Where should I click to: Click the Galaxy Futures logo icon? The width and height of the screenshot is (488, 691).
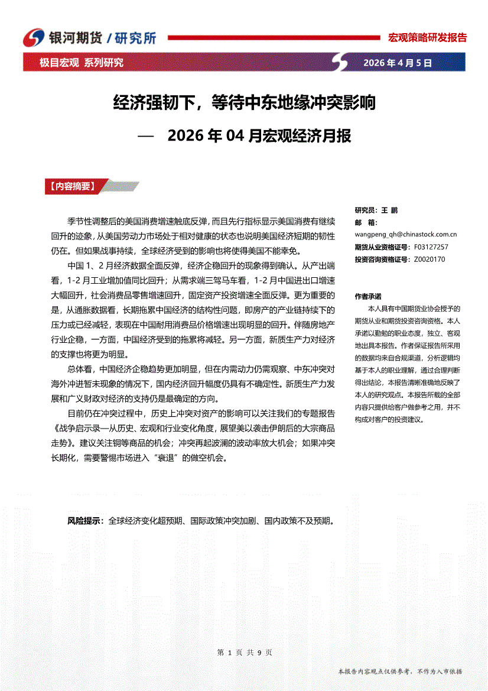click(34, 38)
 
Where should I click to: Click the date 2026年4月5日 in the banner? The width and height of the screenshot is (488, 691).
click(397, 63)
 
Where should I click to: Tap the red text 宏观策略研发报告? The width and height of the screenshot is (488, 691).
click(427, 38)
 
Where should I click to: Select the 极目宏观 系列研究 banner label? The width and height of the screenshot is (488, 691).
click(82, 63)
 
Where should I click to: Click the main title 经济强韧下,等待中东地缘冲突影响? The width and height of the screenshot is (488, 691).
click(244, 104)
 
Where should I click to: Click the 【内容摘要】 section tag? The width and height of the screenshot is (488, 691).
click(70, 186)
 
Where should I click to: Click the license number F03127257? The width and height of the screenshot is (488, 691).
click(431, 247)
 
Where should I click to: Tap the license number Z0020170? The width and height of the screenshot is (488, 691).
click(430, 259)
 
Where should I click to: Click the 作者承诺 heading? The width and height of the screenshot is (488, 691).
click(367, 296)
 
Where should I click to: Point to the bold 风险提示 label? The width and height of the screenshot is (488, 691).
click(84, 521)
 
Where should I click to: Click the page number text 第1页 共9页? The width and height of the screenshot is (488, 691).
click(245, 653)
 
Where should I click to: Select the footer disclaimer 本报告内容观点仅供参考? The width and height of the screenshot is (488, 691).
click(399, 671)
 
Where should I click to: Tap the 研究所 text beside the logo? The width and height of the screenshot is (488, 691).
click(136, 38)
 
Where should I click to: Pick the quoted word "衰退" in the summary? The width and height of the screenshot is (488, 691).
click(168, 458)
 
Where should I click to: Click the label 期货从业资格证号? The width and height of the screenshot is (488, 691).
click(382, 247)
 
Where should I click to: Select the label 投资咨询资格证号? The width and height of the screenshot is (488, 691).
click(382, 259)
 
